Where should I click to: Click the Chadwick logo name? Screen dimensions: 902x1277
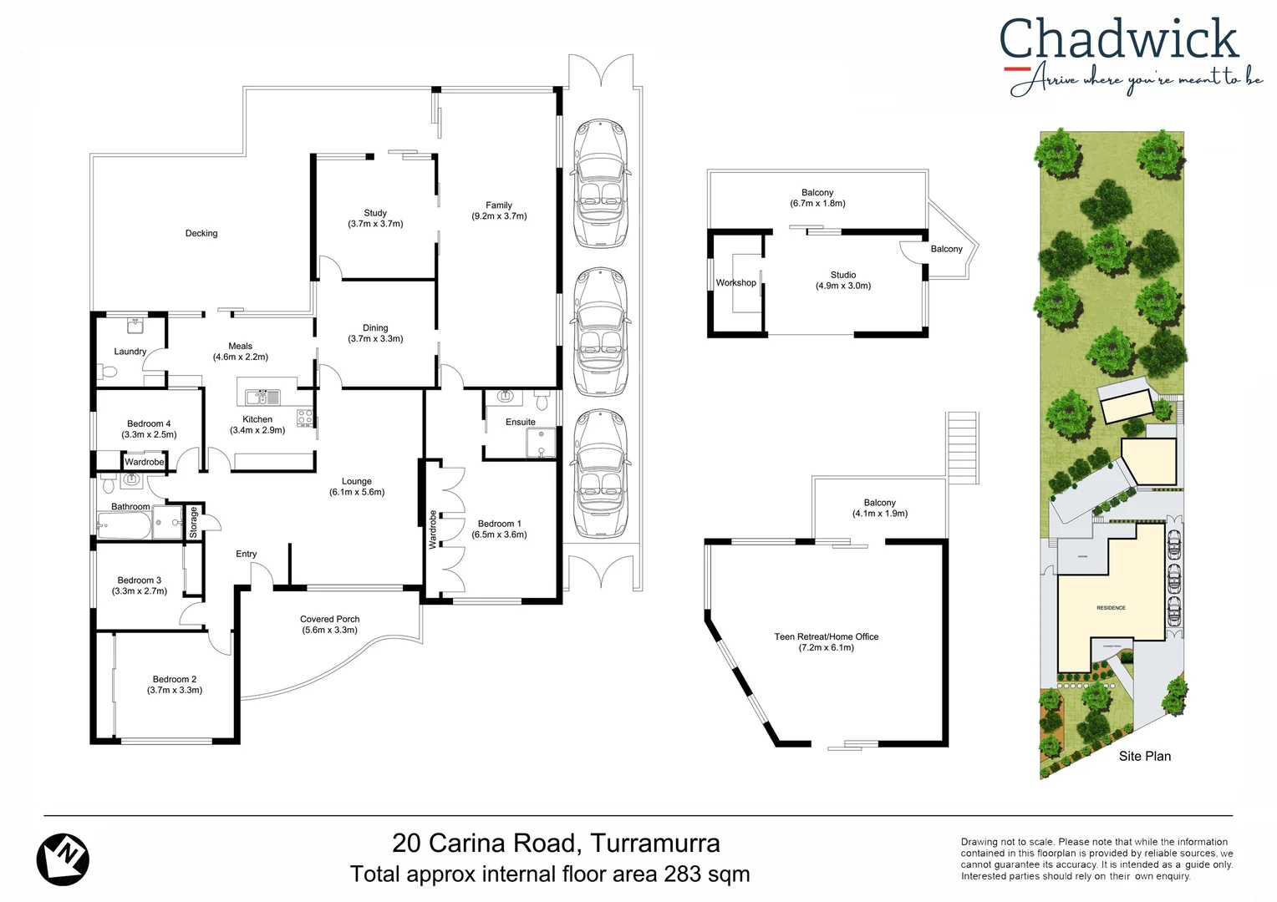(x=1118, y=39)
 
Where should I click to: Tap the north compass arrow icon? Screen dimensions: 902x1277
(x=63, y=858)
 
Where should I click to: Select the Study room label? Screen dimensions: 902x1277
(x=375, y=213)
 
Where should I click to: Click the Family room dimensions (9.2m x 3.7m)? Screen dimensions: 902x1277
(x=499, y=216)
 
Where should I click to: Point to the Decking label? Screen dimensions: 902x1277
(x=201, y=234)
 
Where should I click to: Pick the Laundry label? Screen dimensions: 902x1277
(x=130, y=352)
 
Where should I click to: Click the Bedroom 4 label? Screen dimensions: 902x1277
(x=149, y=423)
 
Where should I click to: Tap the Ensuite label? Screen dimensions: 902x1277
(x=520, y=422)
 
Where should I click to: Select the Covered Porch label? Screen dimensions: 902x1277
(x=329, y=619)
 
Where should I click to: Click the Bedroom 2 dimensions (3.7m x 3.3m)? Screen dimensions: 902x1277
(x=175, y=691)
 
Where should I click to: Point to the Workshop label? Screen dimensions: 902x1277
(x=735, y=283)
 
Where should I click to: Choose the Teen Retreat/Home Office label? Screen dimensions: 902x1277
(x=826, y=636)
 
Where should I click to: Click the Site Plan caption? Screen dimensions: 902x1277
(x=1144, y=756)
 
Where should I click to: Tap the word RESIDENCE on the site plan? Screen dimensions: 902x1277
(x=1111, y=608)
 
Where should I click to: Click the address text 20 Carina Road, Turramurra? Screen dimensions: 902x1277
(x=556, y=843)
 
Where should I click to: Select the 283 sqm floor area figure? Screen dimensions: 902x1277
(x=706, y=874)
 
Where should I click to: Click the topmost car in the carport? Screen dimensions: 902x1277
(x=599, y=184)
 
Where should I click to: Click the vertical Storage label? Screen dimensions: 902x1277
(x=193, y=522)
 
